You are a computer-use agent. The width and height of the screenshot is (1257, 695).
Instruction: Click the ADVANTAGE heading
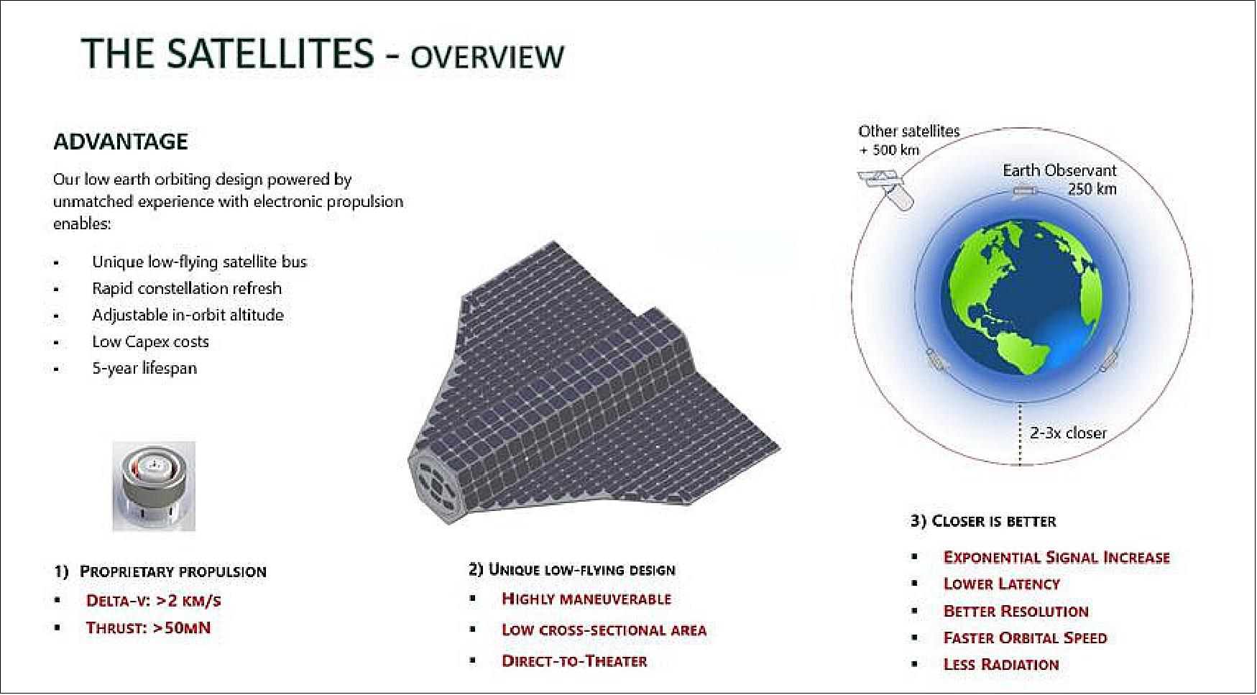coord(121,142)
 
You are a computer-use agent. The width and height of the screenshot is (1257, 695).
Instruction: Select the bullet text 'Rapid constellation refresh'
coord(187,288)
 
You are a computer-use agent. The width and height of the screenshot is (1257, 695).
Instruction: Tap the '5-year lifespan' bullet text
coord(144,368)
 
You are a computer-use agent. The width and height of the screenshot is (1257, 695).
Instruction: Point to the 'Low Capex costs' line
coord(150,341)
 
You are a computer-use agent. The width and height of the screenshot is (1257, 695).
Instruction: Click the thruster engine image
coord(154,486)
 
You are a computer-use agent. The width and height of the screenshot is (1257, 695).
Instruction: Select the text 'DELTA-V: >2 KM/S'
coord(153,601)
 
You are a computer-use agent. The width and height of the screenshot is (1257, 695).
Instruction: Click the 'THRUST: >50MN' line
coord(148,628)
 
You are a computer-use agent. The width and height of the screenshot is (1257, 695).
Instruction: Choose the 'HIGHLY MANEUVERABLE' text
coord(586,599)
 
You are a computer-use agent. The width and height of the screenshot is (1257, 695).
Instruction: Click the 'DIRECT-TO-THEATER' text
coord(574,661)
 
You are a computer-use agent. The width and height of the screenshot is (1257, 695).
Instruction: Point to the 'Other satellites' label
coord(908,132)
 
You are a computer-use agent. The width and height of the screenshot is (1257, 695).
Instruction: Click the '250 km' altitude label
coord(1092,189)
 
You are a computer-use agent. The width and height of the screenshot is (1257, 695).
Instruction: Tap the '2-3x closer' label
coord(1068,433)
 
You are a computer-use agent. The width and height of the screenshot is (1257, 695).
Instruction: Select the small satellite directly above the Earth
coord(1023,191)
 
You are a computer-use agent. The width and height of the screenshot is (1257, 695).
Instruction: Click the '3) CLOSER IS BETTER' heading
coord(983,521)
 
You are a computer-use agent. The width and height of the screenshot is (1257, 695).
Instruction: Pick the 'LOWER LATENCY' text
coord(1001,584)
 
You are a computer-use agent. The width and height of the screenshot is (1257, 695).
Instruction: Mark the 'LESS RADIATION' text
coord(1001,665)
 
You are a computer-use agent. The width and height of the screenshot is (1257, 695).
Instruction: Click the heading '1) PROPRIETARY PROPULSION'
coord(160,572)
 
